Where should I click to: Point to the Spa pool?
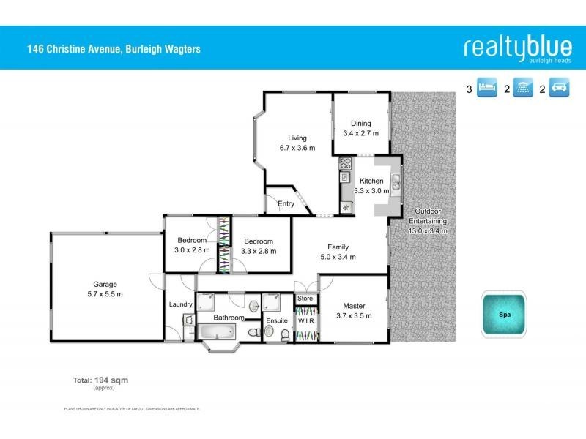tap(504, 315)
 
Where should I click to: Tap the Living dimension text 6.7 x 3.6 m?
tap(297, 148)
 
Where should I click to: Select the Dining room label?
tap(360, 124)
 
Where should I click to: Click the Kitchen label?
tap(371, 181)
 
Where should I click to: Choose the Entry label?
tap(285, 204)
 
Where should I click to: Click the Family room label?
tap(338, 247)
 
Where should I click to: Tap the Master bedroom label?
tap(354, 306)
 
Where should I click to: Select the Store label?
tap(305, 299)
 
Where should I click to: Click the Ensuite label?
tap(277, 320)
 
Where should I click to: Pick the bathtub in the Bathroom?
tap(219, 335)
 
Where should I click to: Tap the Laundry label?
tap(180, 304)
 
